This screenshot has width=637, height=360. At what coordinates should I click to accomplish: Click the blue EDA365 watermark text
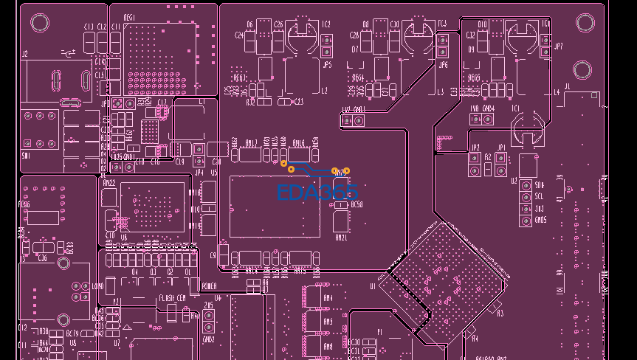tap(317, 193)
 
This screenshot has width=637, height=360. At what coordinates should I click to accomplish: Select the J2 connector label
tap(24, 54)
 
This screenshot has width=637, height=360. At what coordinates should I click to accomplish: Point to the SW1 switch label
tap(27, 156)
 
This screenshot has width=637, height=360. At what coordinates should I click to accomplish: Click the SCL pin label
tap(540, 197)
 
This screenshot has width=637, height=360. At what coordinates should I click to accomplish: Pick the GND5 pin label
tap(541, 220)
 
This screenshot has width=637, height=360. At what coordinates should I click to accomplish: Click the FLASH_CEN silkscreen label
tap(172, 297)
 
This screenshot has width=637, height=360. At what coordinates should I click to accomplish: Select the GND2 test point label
tap(208, 339)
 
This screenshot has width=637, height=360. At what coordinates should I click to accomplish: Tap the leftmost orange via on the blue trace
tap(283, 163)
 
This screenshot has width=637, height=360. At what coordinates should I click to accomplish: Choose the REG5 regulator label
tap(475, 77)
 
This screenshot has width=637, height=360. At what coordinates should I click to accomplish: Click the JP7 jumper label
tap(558, 46)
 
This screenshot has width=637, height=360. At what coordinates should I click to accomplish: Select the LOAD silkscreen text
tap(98, 285)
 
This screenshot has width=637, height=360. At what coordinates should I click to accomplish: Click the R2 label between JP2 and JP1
tap(488, 156)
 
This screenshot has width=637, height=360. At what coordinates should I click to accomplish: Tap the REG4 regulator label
tap(358, 77)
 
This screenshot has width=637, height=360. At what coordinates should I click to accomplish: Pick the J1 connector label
tap(567, 87)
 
